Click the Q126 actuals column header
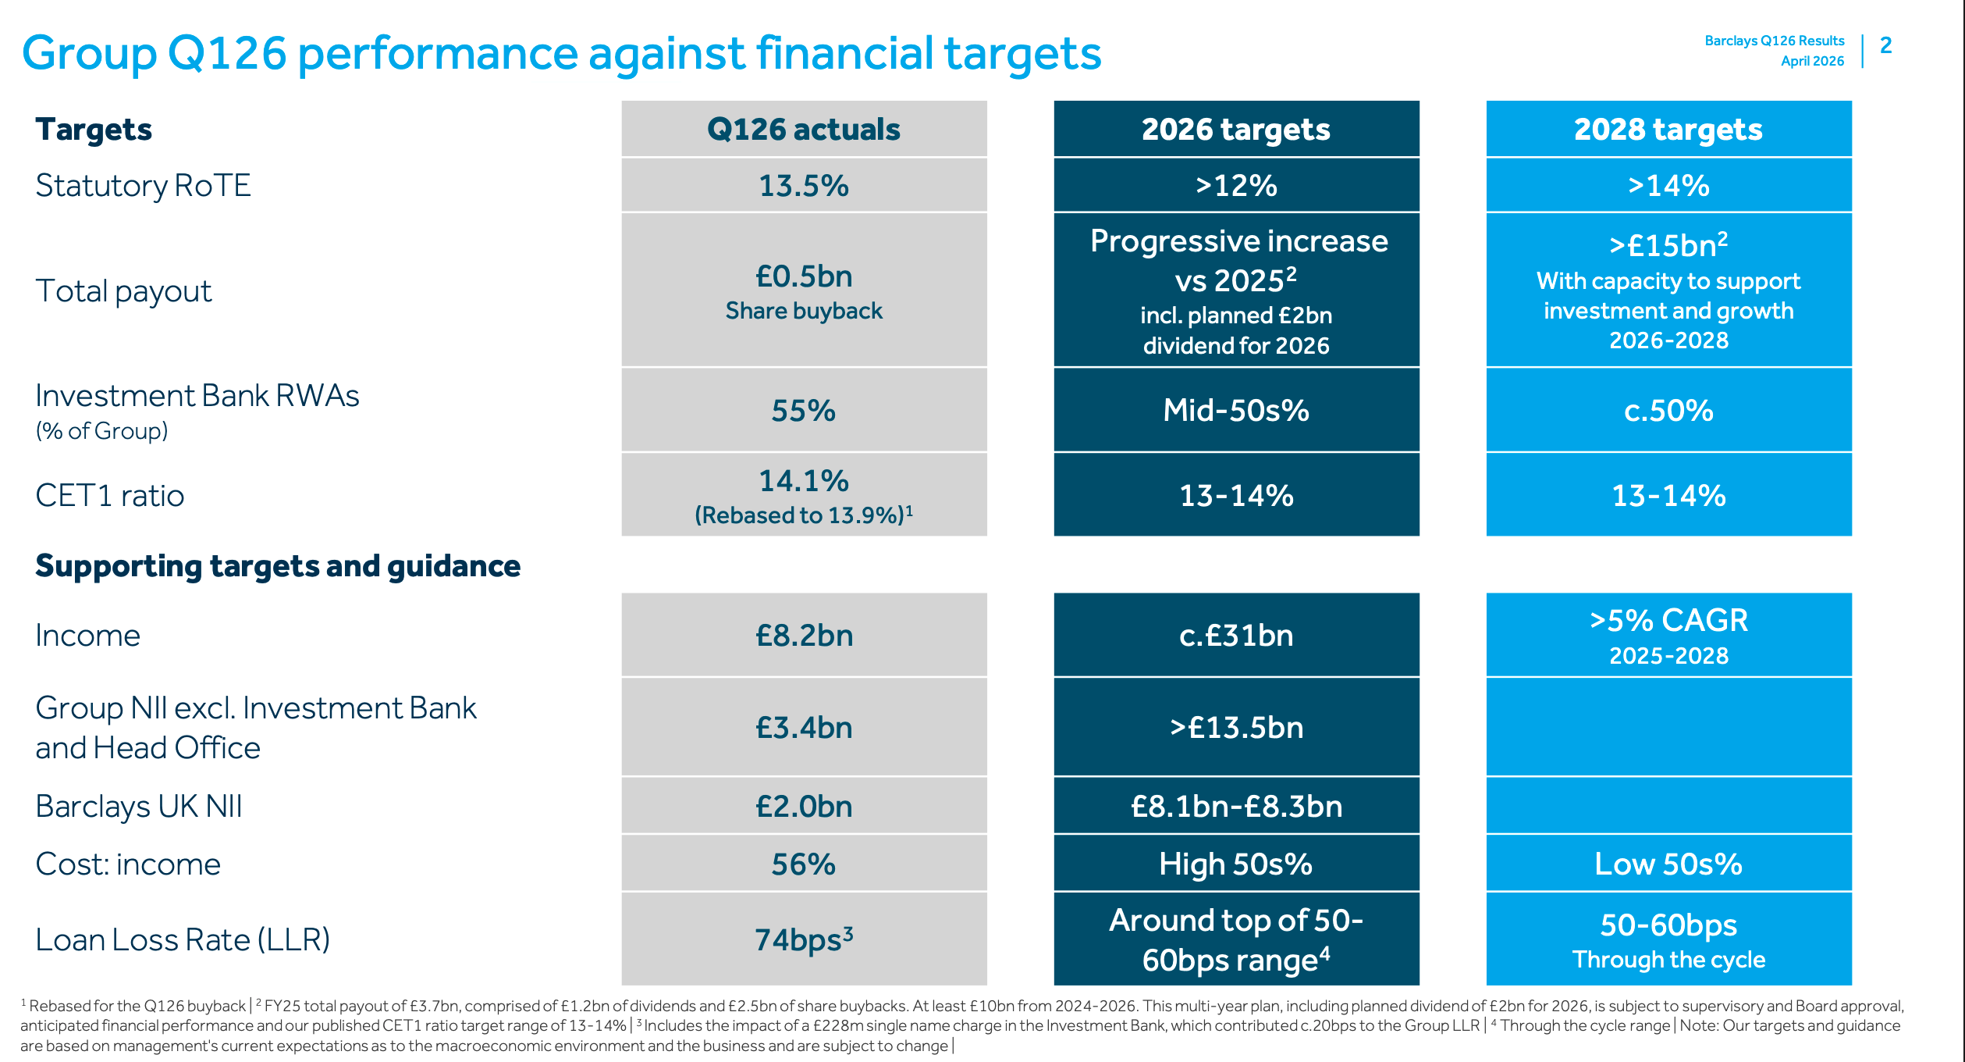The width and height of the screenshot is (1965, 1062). pyautogui.click(x=803, y=130)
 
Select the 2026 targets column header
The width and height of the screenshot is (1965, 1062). pyautogui.click(x=1235, y=130)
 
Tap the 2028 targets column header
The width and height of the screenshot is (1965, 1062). pyautogui.click(x=1668, y=130)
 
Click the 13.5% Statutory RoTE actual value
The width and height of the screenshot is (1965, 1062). pyautogui.click(x=803, y=186)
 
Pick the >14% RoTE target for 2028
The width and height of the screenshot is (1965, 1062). pyautogui.click(x=1668, y=186)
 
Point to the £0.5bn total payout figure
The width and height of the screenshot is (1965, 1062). pyautogui.click(x=803, y=276)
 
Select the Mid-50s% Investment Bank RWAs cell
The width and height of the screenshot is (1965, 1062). pyautogui.click(x=1235, y=411)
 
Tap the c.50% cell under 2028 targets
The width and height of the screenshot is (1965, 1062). pyautogui.click(x=1668, y=411)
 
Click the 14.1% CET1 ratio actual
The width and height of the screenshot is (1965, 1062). pyautogui.click(x=803, y=481)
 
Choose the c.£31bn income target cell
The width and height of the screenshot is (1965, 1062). pyautogui.click(x=1235, y=636)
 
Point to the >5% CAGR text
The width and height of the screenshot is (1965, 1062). pyautogui.click(x=1668, y=621)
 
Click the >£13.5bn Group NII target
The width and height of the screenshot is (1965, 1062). pyautogui.click(x=1235, y=728)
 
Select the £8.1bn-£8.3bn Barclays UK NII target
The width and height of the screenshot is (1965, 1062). pyautogui.click(x=1235, y=807)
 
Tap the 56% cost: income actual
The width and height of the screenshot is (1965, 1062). pyautogui.click(x=803, y=864)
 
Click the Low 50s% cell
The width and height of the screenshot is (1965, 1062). pyautogui.click(x=1668, y=864)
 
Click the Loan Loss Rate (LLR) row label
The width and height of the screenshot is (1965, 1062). pyautogui.click(x=183, y=939)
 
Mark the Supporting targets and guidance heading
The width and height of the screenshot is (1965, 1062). pyautogui.click(x=278, y=566)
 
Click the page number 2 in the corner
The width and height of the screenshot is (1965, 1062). pyautogui.click(x=1885, y=45)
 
